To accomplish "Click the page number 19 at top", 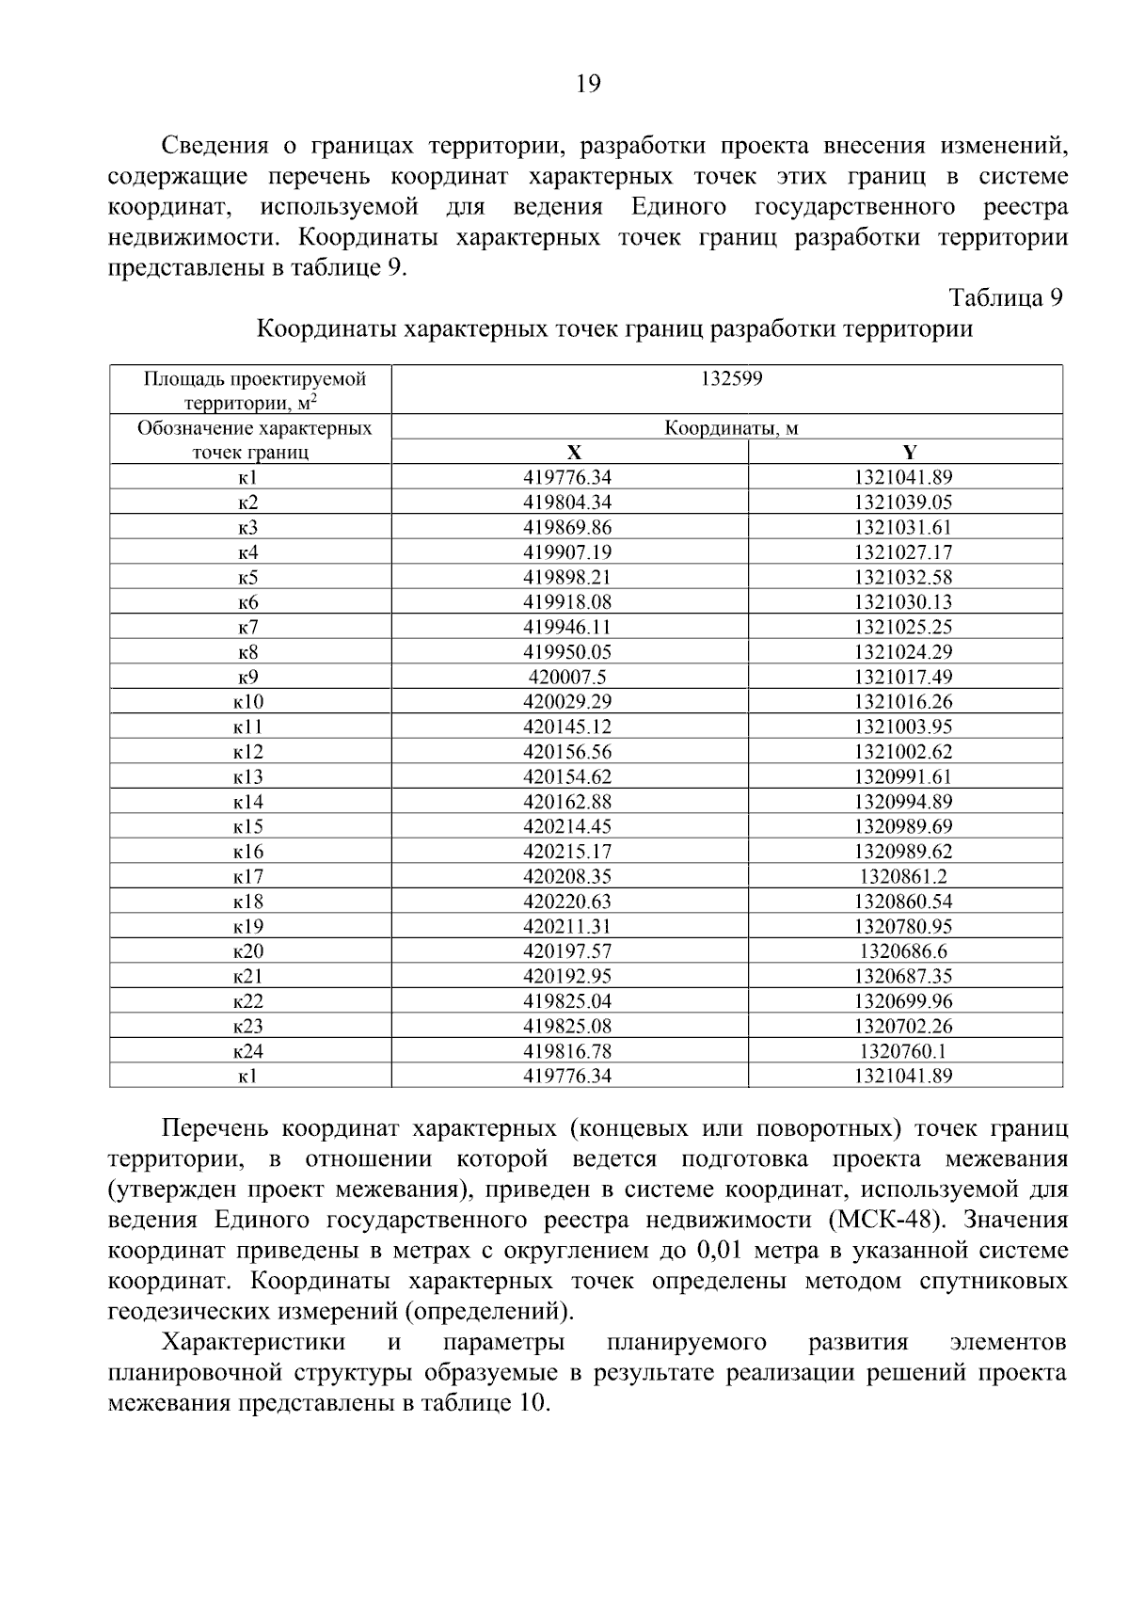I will tap(587, 84).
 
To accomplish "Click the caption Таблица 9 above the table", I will tap(1006, 298).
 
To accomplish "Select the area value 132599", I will tap(731, 379).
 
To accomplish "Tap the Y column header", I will tap(909, 452).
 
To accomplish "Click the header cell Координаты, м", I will tap(731, 428).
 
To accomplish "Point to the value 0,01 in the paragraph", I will tap(721, 1252).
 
